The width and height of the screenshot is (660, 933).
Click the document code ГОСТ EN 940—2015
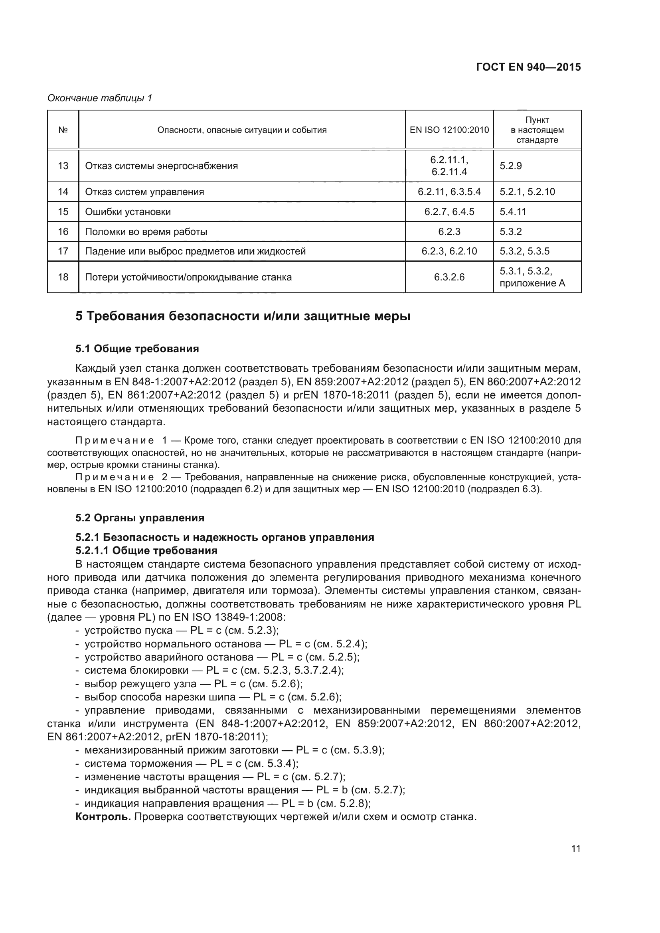(x=528, y=67)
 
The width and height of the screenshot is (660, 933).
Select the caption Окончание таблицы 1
(x=100, y=98)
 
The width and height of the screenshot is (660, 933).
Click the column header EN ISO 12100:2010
(x=449, y=130)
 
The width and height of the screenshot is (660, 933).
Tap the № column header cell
(x=63, y=130)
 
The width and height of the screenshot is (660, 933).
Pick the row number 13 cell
(x=63, y=166)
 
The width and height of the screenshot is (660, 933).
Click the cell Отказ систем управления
(x=144, y=192)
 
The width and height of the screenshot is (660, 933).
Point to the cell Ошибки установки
(x=128, y=212)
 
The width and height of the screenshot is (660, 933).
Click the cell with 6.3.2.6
(x=449, y=277)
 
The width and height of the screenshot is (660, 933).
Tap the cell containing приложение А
(x=532, y=283)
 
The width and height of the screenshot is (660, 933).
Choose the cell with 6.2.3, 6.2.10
(x=449, y=251)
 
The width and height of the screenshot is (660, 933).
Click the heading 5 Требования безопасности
(x=243, y=316)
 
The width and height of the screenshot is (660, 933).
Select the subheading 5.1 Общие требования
(x=137, y=349)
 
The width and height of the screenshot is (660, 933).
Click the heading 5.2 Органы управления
(x=140, y=518)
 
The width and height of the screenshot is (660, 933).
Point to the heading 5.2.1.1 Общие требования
(x=146, y=550)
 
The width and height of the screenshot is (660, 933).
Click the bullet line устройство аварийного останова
(x=221, y=657)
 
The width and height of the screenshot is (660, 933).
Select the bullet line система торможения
(x=191, y=763)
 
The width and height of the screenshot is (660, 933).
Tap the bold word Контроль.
(x=103, y=817)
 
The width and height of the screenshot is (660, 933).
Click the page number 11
(x=575, y=849)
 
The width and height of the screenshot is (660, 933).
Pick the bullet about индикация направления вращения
(x=227, y=803)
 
